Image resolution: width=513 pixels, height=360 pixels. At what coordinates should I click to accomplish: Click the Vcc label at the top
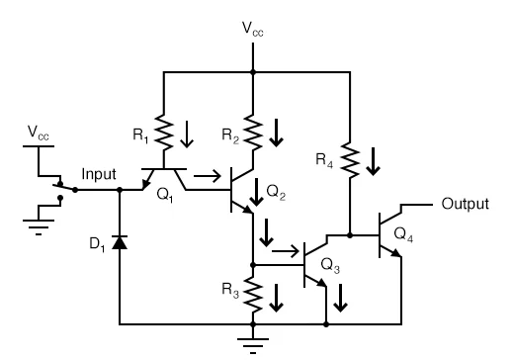point(253,30)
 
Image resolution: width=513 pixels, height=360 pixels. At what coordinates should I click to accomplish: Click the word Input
point(99,174)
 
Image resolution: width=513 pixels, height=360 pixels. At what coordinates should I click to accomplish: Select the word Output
point(465,204)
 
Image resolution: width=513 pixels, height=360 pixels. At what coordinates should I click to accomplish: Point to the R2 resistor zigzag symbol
point(254,129)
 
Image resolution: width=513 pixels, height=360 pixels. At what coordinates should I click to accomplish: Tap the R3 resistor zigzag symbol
point(254,294)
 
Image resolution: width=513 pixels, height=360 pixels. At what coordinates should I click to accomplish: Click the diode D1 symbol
point(120,241)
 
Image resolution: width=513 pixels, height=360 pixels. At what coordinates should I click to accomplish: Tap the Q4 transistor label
point(404,233)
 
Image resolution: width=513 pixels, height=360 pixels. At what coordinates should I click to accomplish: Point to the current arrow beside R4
point(373,159)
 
